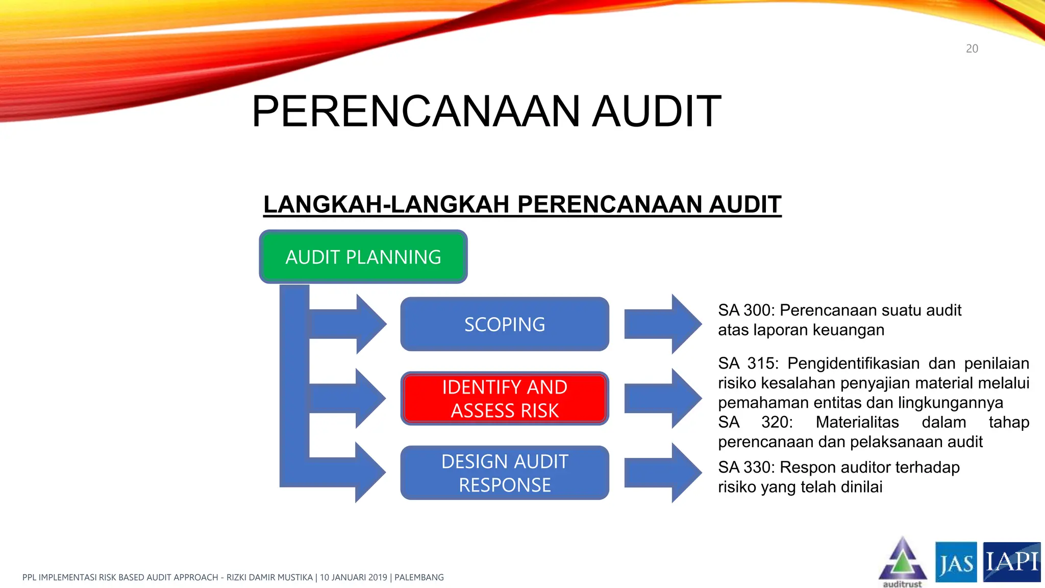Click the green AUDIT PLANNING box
point(363,257)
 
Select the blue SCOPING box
point(504,324)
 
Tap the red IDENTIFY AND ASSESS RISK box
point(504,399)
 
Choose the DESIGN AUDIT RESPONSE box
point(504,473)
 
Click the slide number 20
point(972,49)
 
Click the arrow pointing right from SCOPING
point(663,324)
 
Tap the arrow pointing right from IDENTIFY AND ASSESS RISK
point(663,399)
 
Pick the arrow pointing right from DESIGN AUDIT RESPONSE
point(663,473)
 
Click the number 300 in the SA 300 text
point(757,310)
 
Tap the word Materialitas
point(857,422)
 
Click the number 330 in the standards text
point(757,468)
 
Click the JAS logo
point(956,562)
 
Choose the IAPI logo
point(1011,561)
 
